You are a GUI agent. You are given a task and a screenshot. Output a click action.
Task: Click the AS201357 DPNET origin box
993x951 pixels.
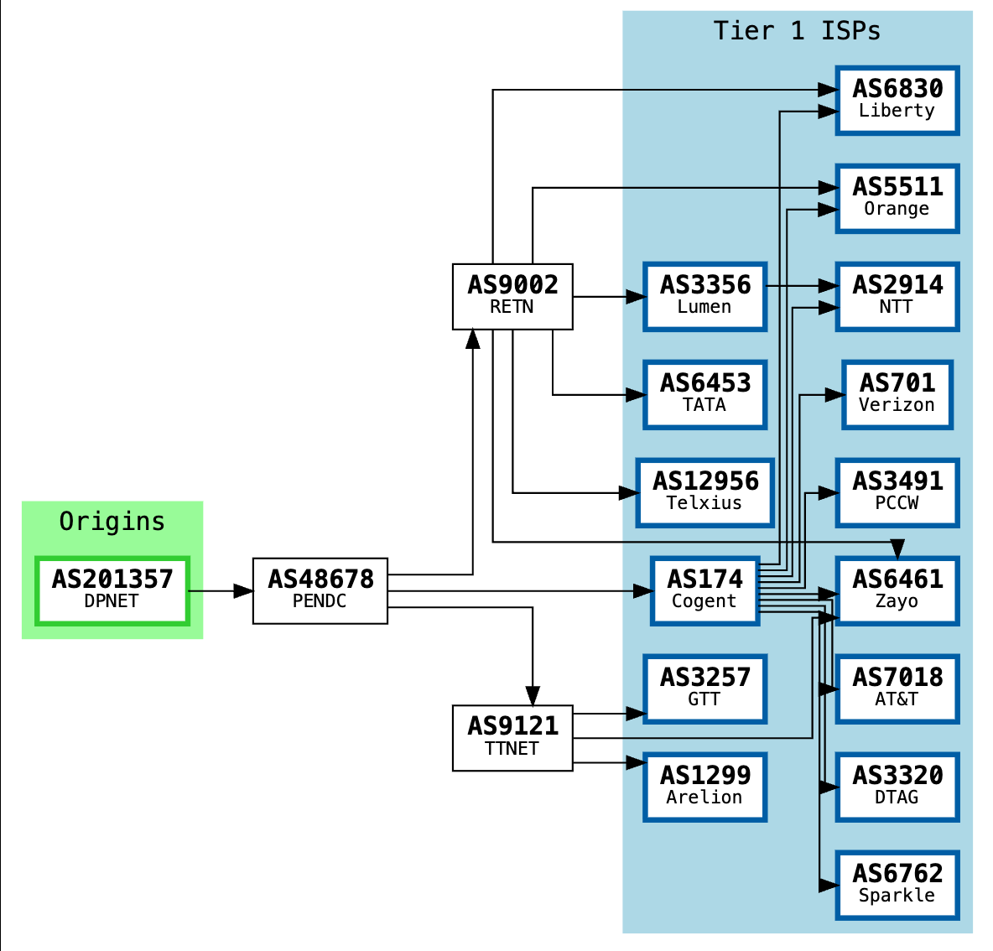112,590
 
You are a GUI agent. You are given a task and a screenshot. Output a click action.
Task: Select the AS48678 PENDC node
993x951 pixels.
320,590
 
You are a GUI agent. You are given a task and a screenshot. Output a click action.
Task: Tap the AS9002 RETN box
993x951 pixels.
512,296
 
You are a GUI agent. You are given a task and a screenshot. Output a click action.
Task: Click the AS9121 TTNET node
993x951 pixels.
512,737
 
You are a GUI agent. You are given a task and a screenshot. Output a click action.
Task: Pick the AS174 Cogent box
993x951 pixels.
705,590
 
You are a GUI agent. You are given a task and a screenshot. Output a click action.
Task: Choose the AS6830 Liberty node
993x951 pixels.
897,100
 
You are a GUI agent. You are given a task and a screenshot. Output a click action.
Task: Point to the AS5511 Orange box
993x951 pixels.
897,198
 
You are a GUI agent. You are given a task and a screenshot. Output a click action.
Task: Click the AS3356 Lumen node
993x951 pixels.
705,296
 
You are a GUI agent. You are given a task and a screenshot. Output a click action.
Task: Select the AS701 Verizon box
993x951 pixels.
897,394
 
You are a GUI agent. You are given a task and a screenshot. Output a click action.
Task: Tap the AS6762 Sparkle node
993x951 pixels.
897,885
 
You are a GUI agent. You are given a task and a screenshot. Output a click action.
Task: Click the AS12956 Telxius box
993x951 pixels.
705,492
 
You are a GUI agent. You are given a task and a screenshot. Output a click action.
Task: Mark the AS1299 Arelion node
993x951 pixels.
705,787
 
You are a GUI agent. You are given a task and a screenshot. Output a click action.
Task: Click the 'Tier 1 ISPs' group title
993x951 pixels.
797,31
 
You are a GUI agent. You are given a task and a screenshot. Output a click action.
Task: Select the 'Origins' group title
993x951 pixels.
112,522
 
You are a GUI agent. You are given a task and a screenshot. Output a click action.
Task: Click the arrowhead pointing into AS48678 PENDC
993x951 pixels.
243,591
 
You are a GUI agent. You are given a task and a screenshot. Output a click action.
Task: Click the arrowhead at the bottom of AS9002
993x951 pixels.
473,339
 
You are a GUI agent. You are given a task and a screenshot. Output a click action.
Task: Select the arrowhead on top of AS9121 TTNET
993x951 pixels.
533,695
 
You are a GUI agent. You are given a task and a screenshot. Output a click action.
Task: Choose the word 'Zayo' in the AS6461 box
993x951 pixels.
897,601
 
